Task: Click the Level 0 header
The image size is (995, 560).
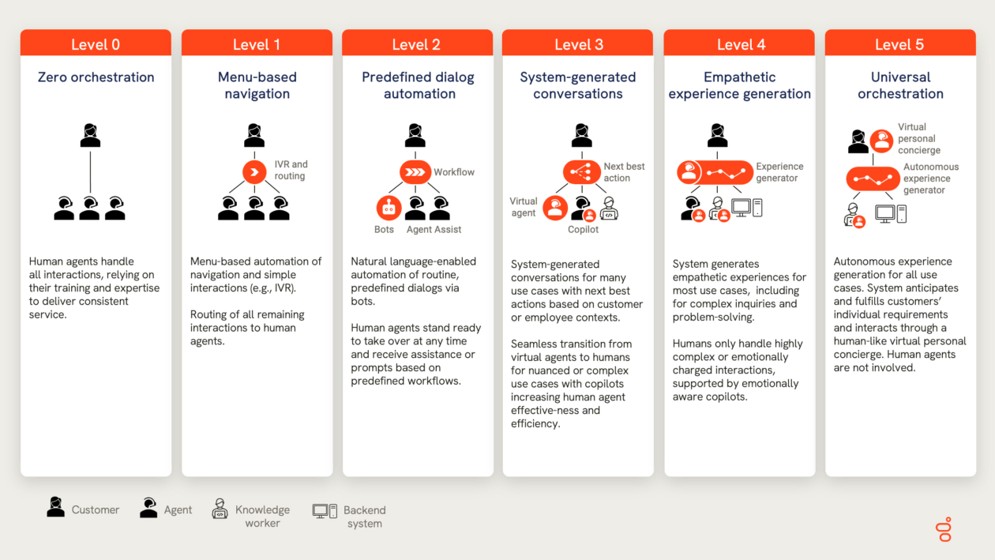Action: pyautogui.click(x=96, y=43)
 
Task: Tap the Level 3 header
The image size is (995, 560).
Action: pyautogui.click(x=577, y=43)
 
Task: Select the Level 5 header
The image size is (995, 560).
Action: pyautogui.click(x=900, y=43)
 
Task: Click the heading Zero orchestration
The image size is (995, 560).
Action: pyautogui.click(x=96, y=77)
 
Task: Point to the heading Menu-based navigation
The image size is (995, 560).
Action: pyautogui.click(x=257, y=85)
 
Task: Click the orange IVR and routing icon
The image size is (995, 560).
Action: pyautogui.click(x=254, y=172)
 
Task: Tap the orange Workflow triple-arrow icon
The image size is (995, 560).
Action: pyautogui.click(x=415, y=172)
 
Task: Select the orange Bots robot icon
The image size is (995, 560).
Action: pyautogui.click(x=389, y=208)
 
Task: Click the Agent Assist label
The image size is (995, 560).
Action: pyautogui.click(x=434, y=229)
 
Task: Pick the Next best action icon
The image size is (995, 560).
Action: pyautogui.click(x=582, y=172)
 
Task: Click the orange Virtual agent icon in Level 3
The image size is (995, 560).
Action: pyautogui.click(x=555, y=208)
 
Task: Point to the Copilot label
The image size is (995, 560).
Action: pyautogui.click(x=583, y=229)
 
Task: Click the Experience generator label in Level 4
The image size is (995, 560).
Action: pyautogui.click(x=779, y=172)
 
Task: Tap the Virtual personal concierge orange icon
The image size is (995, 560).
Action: pyautogui.click(x=881, y=141)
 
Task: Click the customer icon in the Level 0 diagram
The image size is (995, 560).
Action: pyautogui.click(x=90, y=136)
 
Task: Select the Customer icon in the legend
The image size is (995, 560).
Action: pyautogui.click(x=55, y=507)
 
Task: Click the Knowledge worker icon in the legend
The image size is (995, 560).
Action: pyautogui.click(x=220, y=509)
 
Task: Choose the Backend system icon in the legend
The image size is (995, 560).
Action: pyautogui.click(x=325, y=511)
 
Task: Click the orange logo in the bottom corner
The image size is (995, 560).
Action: pyautogui.click(x=944, y=529)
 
